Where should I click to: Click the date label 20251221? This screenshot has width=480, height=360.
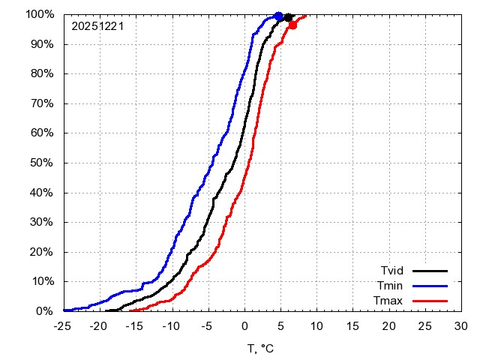pyautogui.click(x=97, y=26)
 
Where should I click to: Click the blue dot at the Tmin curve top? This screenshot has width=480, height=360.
pyautogui.click(x=279, y=16)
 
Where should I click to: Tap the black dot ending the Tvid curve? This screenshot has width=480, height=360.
pyautogui.click(x=288, y=17)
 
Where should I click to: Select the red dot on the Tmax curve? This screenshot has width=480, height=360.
pyautogui.click(x=292, y=25)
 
